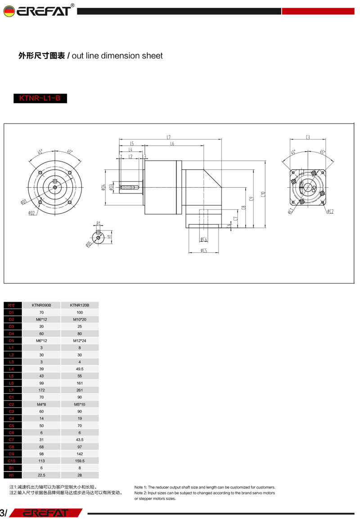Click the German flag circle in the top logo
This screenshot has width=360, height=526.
[x=9, y=11]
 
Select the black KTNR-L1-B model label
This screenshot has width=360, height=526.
[x=40, y=98]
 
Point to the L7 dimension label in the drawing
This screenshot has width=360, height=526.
[x=168, y=136]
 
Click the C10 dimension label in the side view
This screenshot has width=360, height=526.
[x=263, y=194]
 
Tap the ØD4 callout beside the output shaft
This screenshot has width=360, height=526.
[x=104, y=188]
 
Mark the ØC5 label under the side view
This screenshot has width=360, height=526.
[x=204, y=251]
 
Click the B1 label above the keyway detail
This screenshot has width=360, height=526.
[x=98, y=223]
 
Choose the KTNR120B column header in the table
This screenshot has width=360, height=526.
[x=80, y=305]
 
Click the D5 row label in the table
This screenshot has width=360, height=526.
[x=12, y=341]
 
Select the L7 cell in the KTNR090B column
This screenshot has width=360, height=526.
[x=41, y=390]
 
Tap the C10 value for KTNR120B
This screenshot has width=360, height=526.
[x=80, y=461]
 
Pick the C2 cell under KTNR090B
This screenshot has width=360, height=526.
[x=41, y=404]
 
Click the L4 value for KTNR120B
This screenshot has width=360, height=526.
[x=80, y=369]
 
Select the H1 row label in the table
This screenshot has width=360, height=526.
[x=12, y=475]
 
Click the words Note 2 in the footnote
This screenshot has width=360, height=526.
[x=140, y=493]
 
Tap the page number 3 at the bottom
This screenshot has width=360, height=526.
[x=3, y=513]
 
